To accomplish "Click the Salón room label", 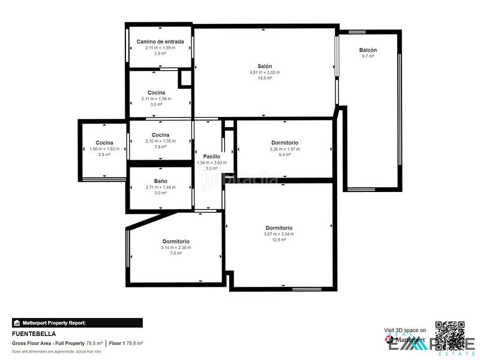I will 265,66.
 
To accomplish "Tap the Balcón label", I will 368,50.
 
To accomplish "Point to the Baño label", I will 160,181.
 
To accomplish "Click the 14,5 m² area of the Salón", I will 265,78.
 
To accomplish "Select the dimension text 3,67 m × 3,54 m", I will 278,234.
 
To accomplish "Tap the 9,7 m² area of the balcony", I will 368,56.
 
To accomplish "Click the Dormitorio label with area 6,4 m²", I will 284,142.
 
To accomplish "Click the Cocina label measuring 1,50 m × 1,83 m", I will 104,142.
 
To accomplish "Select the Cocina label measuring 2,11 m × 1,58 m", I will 156,92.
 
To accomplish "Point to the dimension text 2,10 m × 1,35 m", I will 160,141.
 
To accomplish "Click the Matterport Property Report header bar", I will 77,323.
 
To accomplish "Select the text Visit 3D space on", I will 405,330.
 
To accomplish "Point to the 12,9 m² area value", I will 278,240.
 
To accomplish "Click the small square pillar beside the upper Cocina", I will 185,79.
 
